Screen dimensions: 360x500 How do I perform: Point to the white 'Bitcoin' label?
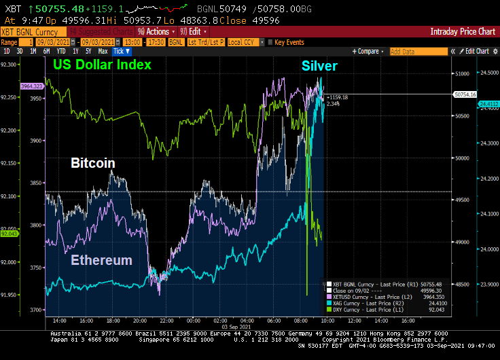click(x=93, y=164)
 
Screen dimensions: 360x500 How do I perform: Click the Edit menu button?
click(x=192, y=31)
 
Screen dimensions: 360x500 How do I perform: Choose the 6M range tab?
click(x=46, y=51)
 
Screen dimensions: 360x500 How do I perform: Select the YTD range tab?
click(x=61, y=51)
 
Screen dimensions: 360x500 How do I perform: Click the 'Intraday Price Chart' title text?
click(x=463, y=31)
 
